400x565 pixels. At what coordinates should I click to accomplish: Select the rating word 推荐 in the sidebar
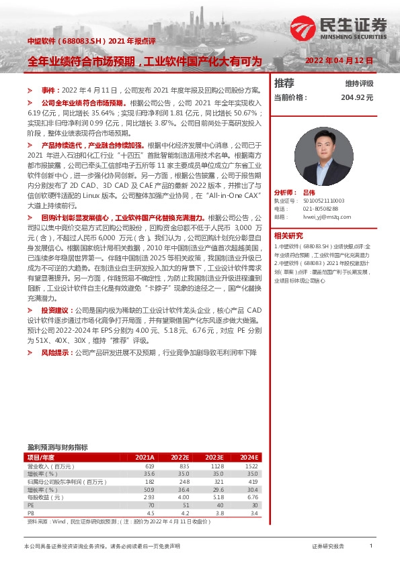click(x=284, y=83)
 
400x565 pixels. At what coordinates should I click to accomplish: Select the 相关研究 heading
click(x=289, y=236)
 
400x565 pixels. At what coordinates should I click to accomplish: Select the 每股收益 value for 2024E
click(x=251, y=497)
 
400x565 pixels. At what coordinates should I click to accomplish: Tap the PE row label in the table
click(x=31, y=505)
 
